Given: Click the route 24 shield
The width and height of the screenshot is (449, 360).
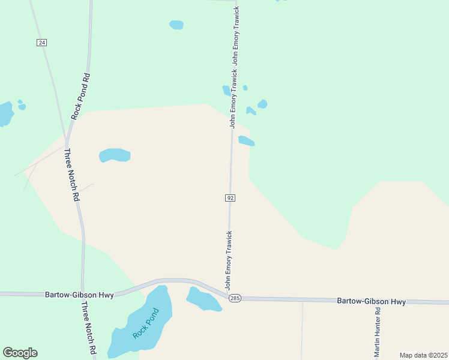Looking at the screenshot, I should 41,43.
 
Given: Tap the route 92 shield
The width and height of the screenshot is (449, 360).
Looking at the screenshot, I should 230,198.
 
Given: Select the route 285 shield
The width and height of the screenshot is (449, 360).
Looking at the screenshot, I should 235,298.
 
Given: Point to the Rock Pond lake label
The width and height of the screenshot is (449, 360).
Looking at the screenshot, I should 146,323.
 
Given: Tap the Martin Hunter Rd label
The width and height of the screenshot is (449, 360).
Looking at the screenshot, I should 378,332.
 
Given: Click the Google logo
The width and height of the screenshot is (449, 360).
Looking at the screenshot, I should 20,353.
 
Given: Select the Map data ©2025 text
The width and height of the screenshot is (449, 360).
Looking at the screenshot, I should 423,355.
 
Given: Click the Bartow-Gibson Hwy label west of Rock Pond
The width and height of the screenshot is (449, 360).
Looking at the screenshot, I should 79,295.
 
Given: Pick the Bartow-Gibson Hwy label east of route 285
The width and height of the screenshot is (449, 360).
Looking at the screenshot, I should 371,301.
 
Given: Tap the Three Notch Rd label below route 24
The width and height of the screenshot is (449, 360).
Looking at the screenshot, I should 71,175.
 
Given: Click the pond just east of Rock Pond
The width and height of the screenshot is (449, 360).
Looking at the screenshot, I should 202,299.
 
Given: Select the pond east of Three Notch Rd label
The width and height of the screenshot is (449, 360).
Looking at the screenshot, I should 115,155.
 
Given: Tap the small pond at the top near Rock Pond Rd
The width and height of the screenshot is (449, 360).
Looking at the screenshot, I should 176,25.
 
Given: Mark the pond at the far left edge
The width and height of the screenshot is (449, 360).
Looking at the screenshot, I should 5,113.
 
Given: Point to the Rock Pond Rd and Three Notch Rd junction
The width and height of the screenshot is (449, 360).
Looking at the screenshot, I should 67,137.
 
